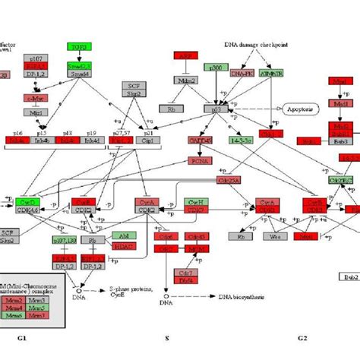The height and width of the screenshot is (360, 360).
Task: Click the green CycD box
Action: tap(26, 202)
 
